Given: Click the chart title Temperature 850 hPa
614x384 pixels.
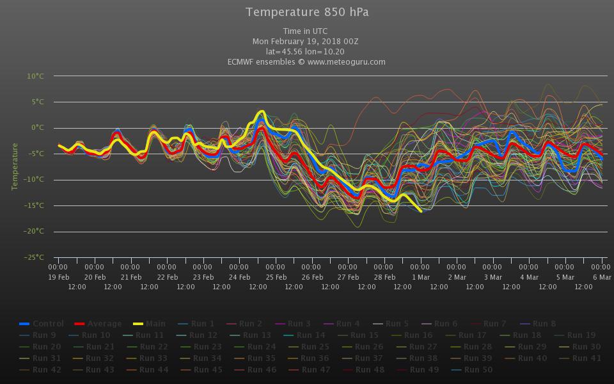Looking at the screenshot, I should [307, 12].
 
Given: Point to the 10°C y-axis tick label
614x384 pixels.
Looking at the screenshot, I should [35, 76].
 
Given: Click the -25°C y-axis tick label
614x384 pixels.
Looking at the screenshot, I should [35, 258].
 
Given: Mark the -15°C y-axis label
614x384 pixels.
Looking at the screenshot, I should [35, 206].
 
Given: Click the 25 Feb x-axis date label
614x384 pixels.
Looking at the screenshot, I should [276, 277].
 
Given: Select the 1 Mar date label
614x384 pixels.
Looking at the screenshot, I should [421, 277].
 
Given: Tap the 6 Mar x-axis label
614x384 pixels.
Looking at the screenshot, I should [601, 277].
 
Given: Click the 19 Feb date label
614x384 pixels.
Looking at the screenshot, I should [59, 277].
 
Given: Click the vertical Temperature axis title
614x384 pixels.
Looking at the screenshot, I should [15, 166].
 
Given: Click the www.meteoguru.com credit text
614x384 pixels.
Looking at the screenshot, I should [346, 62].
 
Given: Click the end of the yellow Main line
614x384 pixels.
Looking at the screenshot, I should [420, 211].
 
